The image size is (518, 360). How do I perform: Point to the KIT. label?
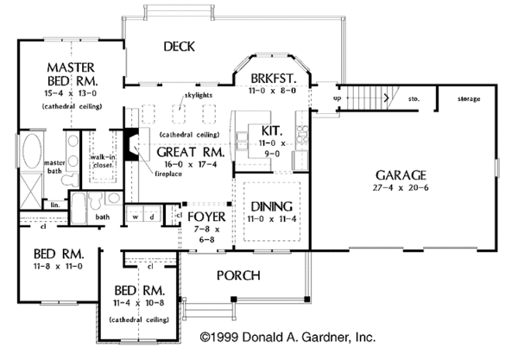[x=261, y=130]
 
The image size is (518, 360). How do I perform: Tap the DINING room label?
[x=271, y=207]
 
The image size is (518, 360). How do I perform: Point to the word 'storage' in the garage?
[x=468, y=99]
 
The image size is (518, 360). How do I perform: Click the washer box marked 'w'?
[x=136, y=216]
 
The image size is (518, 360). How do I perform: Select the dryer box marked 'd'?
[x=152, y=216]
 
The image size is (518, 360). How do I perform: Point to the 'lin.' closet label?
[x=31, y=205]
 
